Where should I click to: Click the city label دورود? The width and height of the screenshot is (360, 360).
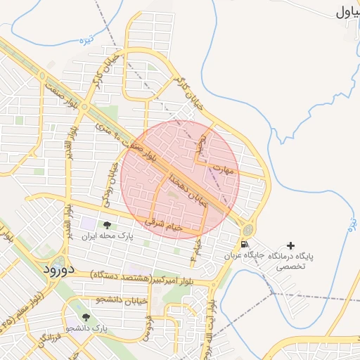click(58, 269)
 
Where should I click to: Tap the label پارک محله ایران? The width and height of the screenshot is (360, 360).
click(106, 236)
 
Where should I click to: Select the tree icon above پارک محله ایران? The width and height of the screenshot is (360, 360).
click(107, 225)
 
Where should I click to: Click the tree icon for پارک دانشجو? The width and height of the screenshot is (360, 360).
click(86, 318)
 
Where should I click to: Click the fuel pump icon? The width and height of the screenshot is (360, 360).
click(244, 245)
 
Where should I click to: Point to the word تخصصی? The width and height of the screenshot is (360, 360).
click(290, 266)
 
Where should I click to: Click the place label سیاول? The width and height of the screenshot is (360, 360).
click(347, 11)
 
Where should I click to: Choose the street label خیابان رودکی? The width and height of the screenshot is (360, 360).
click(110, 182)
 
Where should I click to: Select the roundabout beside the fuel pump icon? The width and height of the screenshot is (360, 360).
click(248, 231)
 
